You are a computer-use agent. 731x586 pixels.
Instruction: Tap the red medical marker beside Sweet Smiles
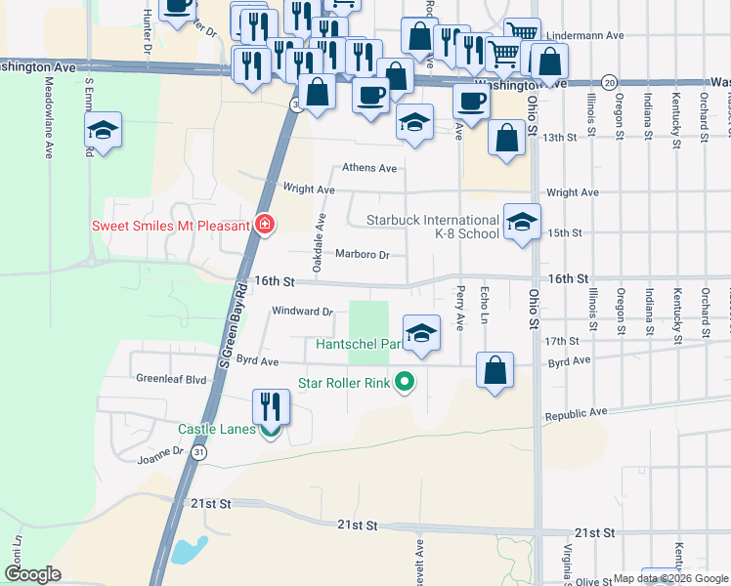(x=263, y=225)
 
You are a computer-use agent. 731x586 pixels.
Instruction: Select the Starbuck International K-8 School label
(x=432, y=227)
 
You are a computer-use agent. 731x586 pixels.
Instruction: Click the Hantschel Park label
(x=358, y=344)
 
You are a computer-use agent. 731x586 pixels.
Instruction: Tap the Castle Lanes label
(x=216, y=429)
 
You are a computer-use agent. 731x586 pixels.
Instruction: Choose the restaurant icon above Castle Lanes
(x=272, y=406)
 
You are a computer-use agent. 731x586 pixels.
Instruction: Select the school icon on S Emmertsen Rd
(x=102, y=131)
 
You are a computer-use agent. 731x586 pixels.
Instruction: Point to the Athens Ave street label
(x=367, y=168)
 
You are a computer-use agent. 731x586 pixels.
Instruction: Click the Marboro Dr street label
(x=363, y=256)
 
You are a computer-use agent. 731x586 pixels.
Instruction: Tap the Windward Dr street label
(x=302, y=313)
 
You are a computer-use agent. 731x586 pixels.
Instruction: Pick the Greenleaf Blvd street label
(x=172, y=378)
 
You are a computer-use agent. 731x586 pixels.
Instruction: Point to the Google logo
(x=32, y=574)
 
